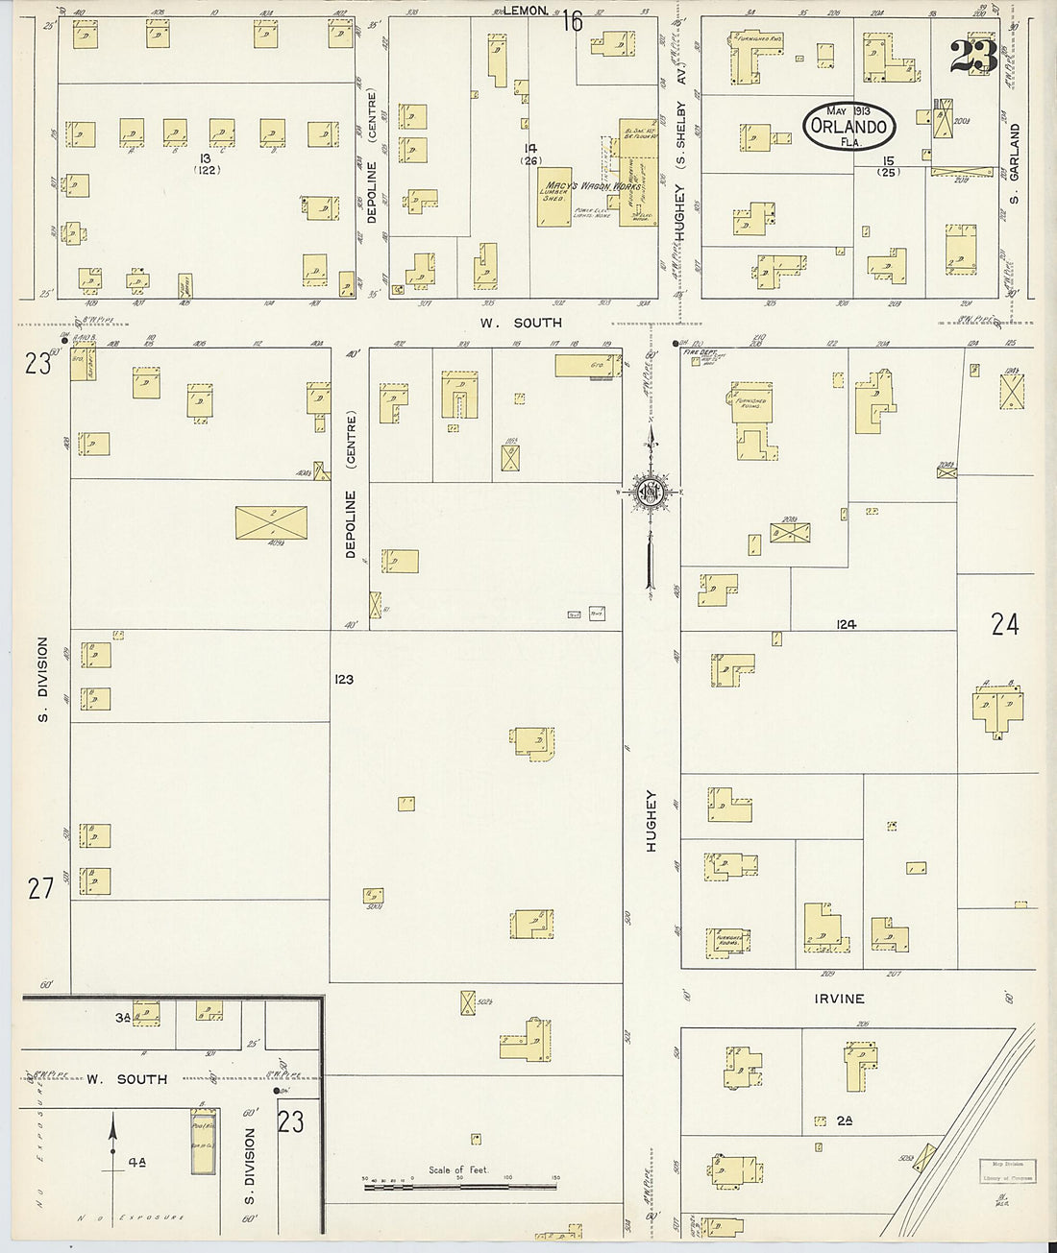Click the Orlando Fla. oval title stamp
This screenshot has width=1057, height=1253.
849,126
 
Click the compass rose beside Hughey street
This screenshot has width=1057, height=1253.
651,492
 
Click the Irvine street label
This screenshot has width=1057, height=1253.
839,999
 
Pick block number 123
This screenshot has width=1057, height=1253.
344,679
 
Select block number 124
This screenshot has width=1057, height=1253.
846,624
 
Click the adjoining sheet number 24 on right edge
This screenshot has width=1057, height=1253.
1005,625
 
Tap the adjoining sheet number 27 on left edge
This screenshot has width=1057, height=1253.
39,888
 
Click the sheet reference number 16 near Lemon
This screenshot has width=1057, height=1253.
574,20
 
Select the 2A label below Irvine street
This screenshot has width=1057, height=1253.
845,1120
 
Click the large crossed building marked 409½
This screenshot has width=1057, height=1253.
272,522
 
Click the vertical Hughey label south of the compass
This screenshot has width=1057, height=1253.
651,821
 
